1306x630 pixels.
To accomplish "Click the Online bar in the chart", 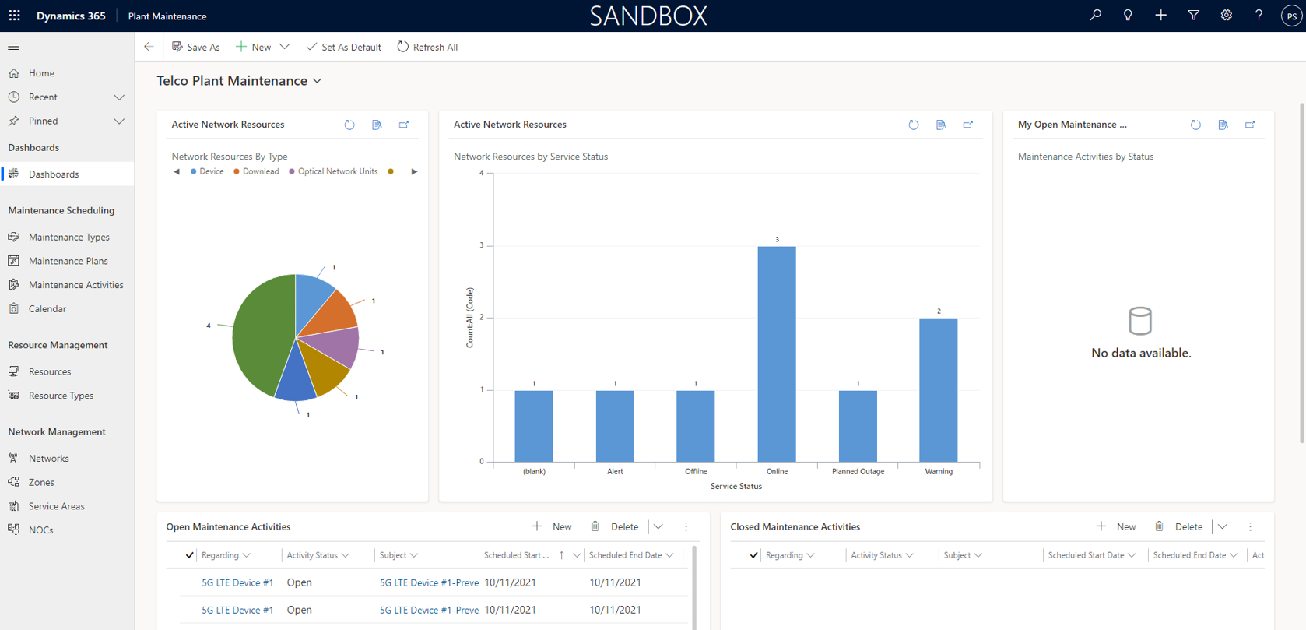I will pos(776,354).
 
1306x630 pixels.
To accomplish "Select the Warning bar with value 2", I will pos(938,389).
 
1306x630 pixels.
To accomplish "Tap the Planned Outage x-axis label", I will pos(857,471).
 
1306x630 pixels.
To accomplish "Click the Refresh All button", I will pos(427,47).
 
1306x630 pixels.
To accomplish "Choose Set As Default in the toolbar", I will pos(343,47).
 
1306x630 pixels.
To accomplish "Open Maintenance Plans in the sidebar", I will pos(68,261).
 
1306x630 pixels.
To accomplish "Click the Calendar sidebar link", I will pos(47,308).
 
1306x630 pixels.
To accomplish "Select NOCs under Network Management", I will pos(40,530).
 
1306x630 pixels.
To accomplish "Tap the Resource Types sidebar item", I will pos(61,396).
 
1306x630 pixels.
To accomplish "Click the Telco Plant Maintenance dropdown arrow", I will pos(318,81).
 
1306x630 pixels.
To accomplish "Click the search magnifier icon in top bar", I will pos(1095,15).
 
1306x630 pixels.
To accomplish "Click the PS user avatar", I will pos(1291,16).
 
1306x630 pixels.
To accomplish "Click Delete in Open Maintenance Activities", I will pos(616,526).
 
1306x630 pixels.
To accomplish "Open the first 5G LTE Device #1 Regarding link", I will pos(237,582).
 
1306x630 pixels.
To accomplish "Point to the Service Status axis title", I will pos(736,486).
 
